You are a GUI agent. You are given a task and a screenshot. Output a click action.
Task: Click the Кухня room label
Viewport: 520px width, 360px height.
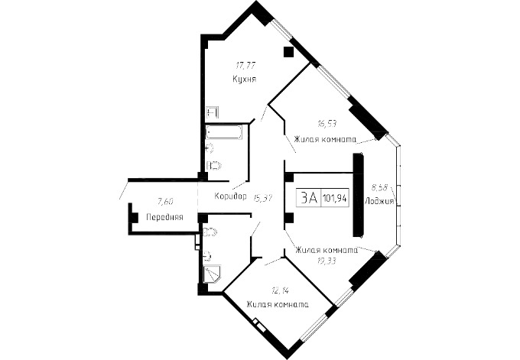[x=245, y=79]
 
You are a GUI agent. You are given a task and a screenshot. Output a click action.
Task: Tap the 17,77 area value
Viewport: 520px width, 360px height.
[x=245, y=65]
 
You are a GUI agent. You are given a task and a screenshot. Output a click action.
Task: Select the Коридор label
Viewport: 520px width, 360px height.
[x=230, y=196]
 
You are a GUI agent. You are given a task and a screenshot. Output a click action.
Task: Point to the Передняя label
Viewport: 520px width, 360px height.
[x=164, y=218]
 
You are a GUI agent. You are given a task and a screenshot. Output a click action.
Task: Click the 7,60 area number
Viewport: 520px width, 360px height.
[x=165, y=201]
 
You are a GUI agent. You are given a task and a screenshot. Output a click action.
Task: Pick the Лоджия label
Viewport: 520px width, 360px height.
[x=379, y=201]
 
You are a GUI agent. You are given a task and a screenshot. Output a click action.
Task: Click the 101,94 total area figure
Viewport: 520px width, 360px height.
[x=335, y=199]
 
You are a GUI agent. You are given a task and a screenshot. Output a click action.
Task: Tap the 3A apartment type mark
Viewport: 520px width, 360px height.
[x=309, y=198]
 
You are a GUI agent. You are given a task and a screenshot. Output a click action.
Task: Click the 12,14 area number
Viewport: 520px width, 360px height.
[x=279, y=291]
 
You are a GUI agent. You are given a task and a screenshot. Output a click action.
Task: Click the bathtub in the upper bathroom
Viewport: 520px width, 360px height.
[x=224, y=133]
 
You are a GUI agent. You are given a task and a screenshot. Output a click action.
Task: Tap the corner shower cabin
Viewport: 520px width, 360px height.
[x=212, y=274]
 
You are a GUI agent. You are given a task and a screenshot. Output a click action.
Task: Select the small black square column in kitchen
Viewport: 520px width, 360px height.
[x=288, y=52]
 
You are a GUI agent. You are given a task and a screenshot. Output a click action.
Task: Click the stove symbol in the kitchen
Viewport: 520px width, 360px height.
[x=213, y=112]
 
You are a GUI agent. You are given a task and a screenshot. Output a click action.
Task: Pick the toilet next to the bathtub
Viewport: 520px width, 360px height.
[x=214, y=165]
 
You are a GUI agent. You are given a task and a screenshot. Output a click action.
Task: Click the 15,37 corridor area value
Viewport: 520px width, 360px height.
[x=262, y=198]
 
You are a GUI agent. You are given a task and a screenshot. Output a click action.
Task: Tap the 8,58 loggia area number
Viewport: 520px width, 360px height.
[x=379, y=188]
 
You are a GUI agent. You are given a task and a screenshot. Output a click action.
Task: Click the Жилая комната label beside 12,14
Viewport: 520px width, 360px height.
[x=278, y=304]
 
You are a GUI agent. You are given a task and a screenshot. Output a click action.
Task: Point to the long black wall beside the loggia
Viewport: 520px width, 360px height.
[x=358, y=195]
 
